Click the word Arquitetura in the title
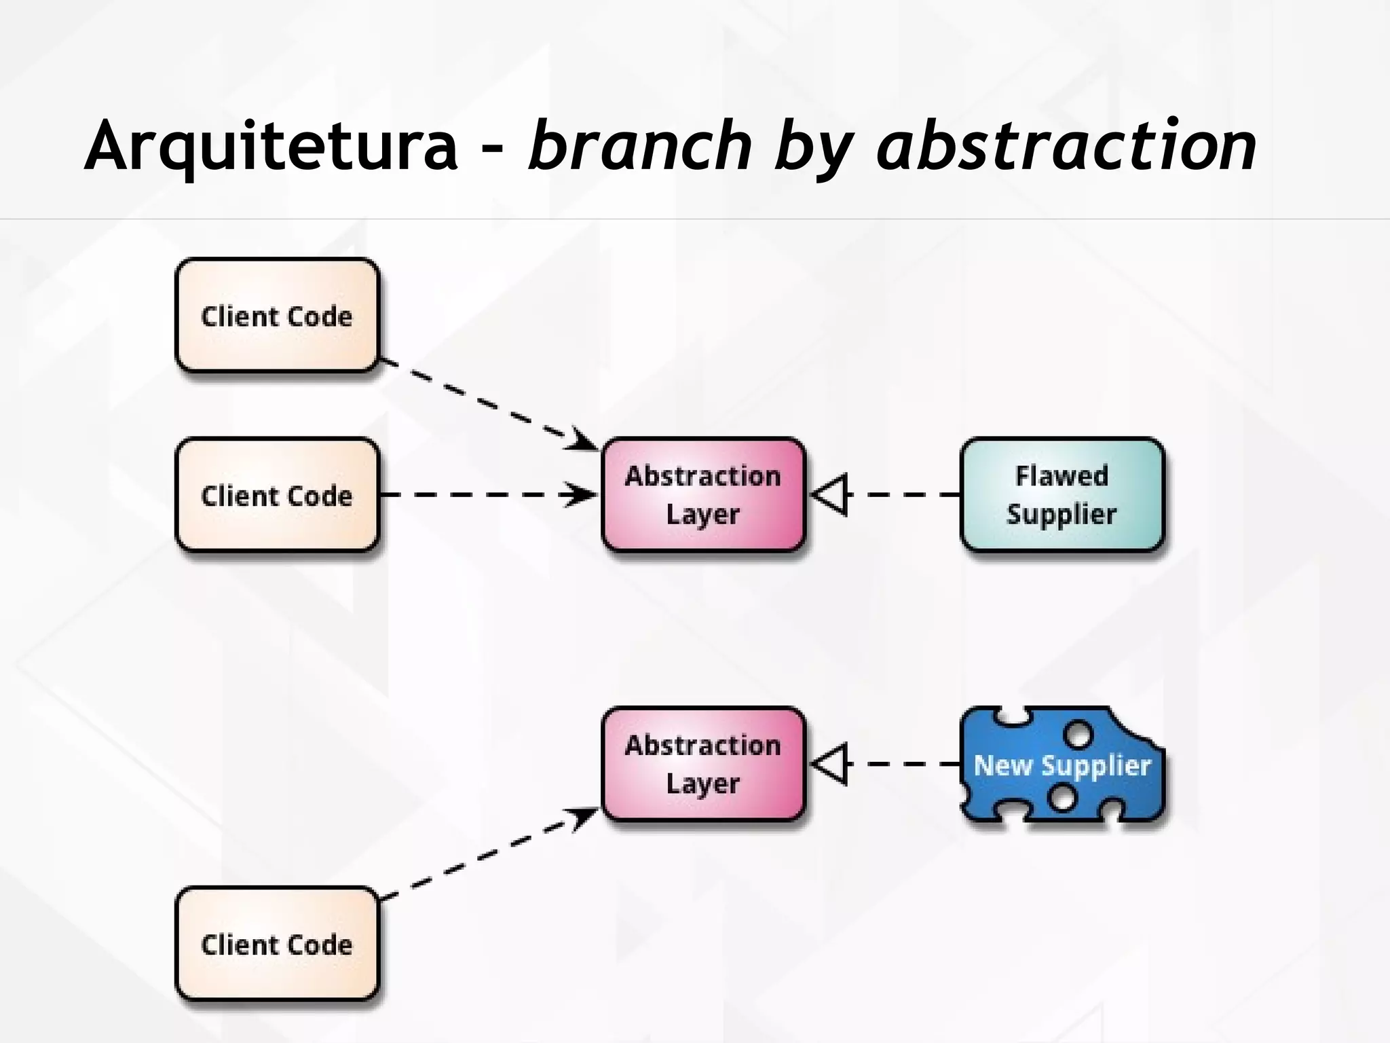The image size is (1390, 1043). [x=271, y=146]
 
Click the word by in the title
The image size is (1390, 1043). [x=814, y=149]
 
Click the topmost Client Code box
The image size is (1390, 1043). [x=277, y=315]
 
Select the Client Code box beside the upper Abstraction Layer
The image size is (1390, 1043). [x=277, y=494]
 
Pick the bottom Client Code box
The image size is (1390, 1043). [x=277, y=943]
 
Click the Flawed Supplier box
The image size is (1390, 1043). [x=1062, y=494]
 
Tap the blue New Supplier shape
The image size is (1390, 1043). [x=1062, y=765]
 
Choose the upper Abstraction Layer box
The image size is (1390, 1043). [x=703, y=494]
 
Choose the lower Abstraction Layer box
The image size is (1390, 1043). [x=703, y=764]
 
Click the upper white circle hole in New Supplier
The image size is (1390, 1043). [x=1078, y=734]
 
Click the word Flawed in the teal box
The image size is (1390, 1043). [x=1062, y=475]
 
